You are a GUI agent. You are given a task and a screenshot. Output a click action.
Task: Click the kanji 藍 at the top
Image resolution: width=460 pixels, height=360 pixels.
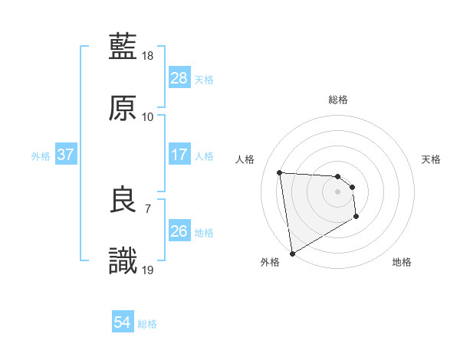click(123, 47)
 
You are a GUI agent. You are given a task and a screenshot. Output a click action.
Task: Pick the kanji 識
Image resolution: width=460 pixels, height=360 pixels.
click(123, 261)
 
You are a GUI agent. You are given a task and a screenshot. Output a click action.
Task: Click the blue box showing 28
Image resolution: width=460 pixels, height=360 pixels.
click(179, 77)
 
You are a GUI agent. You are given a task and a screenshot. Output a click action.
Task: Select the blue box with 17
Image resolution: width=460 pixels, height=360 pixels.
click(179, 154)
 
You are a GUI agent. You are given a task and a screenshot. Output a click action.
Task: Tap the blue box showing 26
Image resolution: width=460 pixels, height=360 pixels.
click(179, 231)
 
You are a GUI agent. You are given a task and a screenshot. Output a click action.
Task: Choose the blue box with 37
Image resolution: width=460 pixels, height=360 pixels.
click(66, 154)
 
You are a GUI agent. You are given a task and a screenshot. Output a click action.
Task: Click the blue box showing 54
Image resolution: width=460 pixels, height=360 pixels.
click(123, 322)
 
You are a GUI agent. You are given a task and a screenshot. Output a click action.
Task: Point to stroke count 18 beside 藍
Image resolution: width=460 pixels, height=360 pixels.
click(149, 56)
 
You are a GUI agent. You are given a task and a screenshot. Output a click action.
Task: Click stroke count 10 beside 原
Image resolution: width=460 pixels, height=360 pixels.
click(148, 117)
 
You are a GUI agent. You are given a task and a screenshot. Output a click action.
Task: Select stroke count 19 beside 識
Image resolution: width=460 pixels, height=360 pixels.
click(149, 270)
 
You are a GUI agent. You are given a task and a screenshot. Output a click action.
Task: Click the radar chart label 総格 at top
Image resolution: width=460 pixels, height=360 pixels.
click(338, 100)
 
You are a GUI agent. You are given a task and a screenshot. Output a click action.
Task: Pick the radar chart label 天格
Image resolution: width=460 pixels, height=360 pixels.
click(431, 159)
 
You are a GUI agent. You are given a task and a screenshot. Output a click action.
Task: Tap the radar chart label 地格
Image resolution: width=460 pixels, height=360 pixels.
click(402, 263)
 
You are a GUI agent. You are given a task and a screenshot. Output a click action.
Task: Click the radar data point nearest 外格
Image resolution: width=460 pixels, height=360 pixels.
click(292, 253)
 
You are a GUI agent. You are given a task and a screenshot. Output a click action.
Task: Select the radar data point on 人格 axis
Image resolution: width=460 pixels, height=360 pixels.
click(280, 172)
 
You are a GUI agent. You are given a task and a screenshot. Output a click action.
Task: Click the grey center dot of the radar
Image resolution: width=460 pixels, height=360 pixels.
click(338, 191)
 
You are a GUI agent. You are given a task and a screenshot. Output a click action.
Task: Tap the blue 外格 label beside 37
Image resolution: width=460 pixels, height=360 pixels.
click(41, 155)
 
